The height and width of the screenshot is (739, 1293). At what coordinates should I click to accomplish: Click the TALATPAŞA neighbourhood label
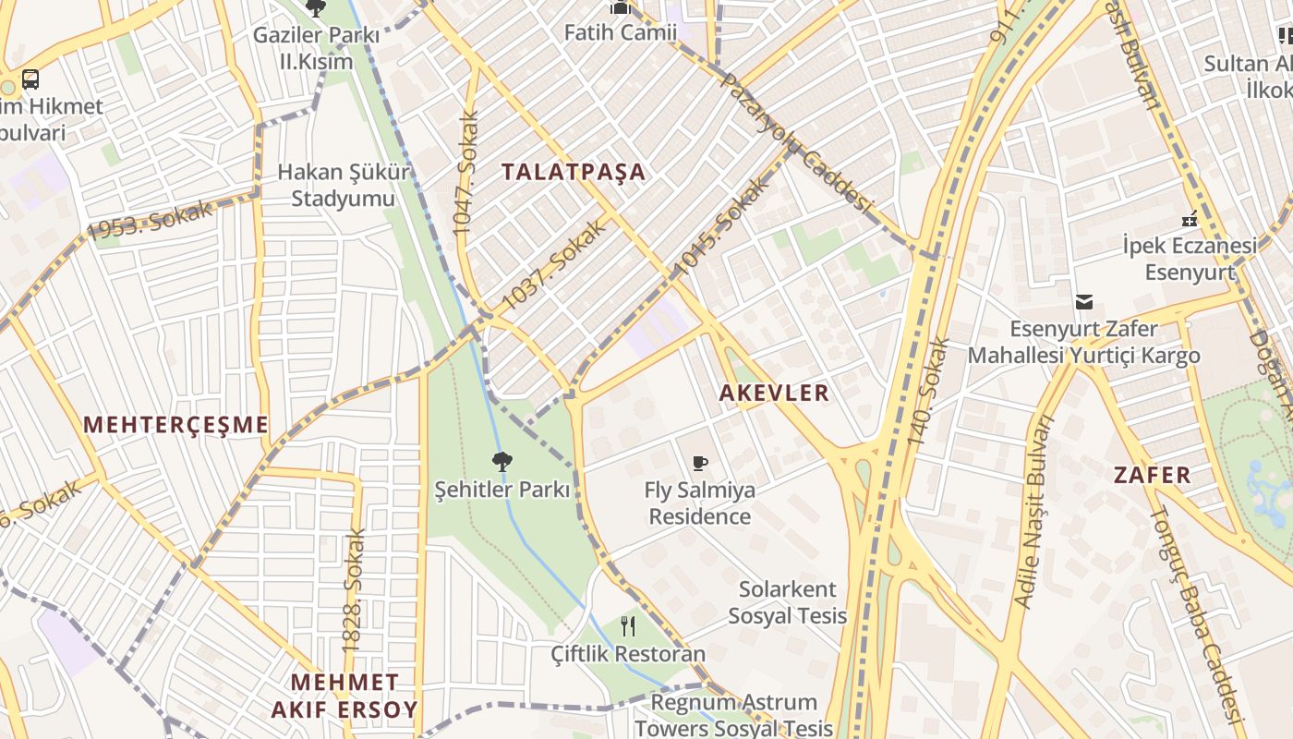(x=573, y=172)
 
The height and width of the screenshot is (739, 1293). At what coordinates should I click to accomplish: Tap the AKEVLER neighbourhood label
(x=774, y=393)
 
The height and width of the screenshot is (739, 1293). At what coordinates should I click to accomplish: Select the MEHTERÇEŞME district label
(x=175, y=425)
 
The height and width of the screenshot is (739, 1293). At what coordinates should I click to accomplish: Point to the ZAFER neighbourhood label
(x=1152, y=476)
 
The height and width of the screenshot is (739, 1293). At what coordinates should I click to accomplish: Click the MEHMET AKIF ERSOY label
(x=344, y=696)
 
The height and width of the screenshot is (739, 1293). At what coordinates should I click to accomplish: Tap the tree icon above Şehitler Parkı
(x=502, y=460)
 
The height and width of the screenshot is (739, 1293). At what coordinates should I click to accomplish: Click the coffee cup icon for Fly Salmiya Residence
(x=700, y=463)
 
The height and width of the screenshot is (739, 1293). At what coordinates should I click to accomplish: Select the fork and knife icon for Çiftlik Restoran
(x=628, y=626)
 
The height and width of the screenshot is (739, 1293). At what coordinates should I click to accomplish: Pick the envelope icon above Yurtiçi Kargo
(x=1083, y=302)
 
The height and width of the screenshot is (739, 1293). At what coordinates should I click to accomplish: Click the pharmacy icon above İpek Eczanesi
(x=1190, y=220)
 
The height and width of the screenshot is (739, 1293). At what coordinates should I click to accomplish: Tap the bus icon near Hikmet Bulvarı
(x=30, y=79)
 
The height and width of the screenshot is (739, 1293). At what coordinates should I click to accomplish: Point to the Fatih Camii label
(x=621, y=32)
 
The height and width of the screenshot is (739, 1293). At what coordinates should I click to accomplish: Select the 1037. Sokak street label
(x=554, y=265)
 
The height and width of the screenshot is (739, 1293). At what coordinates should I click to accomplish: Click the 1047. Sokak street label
(x=467, y=173)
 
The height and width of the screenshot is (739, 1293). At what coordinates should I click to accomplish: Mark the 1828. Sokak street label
(x=354, y=591)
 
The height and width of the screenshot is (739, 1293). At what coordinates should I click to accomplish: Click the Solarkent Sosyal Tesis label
(x=787, y=602)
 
